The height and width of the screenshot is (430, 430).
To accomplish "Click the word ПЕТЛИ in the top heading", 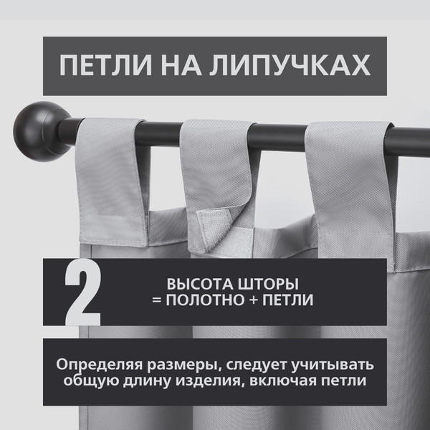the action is tap(106, 65).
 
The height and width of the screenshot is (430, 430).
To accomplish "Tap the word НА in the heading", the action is tap(181, 65).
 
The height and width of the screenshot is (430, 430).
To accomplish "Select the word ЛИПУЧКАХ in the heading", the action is tap(290, 65).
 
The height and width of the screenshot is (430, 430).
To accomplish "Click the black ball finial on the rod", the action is tap(42, 131).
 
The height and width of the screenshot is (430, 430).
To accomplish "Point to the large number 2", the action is tap(83, 292).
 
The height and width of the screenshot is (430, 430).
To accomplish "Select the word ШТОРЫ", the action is tap(268, 284).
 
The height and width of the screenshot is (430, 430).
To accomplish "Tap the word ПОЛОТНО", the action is tap(205, 300).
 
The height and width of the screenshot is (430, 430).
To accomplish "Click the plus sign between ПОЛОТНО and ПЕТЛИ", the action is tap(254, 300).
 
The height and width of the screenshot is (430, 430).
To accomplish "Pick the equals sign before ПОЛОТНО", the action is tap(156, 300).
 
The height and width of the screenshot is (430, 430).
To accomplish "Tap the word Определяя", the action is tap(100, 365).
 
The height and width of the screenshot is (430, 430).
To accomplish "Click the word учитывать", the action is tap(333, 365).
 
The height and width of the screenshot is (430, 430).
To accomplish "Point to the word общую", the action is tap(90, 381).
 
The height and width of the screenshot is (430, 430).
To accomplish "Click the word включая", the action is tap(283, 381).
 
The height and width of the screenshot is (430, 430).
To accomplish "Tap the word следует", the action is tap(256, 365).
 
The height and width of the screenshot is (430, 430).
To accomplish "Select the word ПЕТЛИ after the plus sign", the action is tap(288, 300).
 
